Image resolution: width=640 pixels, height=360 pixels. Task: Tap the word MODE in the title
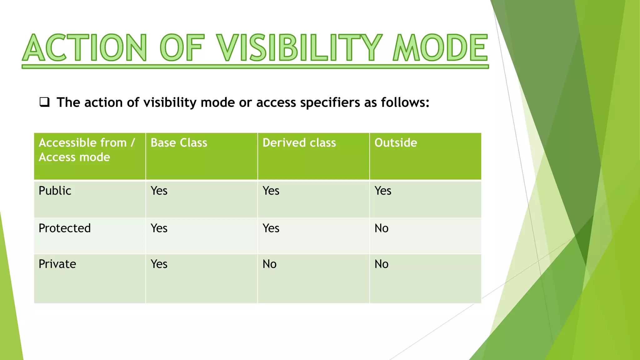pos(440,48)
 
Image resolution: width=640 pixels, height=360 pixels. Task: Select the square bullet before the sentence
pos(44,102)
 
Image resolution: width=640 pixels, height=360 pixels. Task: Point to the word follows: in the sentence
pos(405,102)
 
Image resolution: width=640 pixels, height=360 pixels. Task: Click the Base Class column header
pos(179,143)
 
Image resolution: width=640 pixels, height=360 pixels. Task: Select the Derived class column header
pos(299,143)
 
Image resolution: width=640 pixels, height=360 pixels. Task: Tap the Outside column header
pos(396,143)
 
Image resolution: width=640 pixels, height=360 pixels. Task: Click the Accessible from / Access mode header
pos(87,150)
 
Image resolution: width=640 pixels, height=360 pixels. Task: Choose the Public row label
pos(55,191)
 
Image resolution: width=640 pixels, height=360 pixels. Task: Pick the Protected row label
pos(65,228)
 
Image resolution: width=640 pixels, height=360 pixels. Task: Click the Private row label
pos(57,264)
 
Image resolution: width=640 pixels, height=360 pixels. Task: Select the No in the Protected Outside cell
pos(381,228)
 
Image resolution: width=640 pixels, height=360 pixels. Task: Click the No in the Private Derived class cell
pos(269,264)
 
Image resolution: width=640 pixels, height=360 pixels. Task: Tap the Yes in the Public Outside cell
pos(383,191)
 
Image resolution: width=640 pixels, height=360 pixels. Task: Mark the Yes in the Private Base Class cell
pos(159,264)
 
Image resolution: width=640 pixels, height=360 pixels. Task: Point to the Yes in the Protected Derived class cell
pos(271,228)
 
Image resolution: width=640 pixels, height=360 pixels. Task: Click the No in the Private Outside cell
pos(381,264)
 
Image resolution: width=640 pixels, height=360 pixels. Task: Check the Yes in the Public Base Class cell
pos(159,191)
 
